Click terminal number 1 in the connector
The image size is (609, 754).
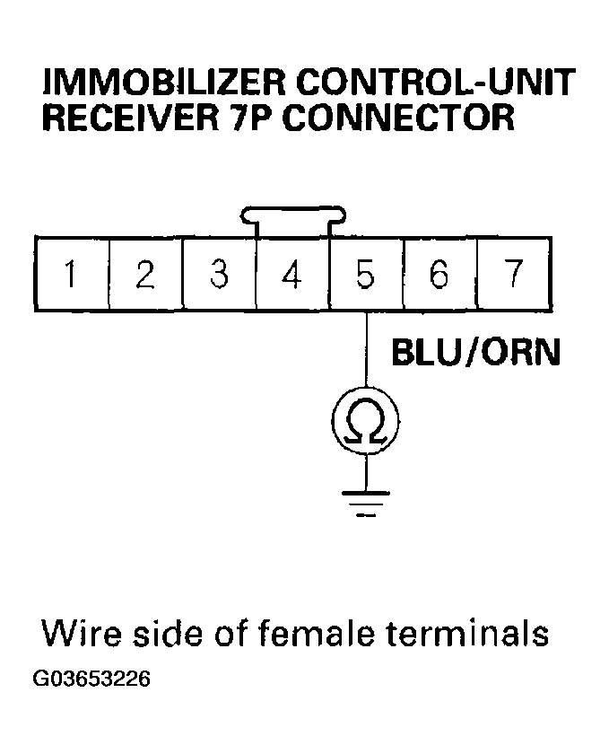tap(72, 274)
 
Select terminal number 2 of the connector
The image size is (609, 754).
tap(145, 274)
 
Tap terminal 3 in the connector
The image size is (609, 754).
tap(219, 274)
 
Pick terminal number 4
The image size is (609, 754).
tap(292, 274)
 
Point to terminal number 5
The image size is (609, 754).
tap(366, 274)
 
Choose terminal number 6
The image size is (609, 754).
tap(439, 274)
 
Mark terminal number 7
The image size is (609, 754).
tap(514, 274)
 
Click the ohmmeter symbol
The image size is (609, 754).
tap(366, 421)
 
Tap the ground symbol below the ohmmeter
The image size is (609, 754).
tap(366, 504)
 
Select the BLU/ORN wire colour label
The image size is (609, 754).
tap(476, 353)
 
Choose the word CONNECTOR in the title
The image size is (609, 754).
tap(399, 118)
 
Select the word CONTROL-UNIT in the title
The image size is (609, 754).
tap(437, 83)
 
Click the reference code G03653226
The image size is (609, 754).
tap(91, 679)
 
